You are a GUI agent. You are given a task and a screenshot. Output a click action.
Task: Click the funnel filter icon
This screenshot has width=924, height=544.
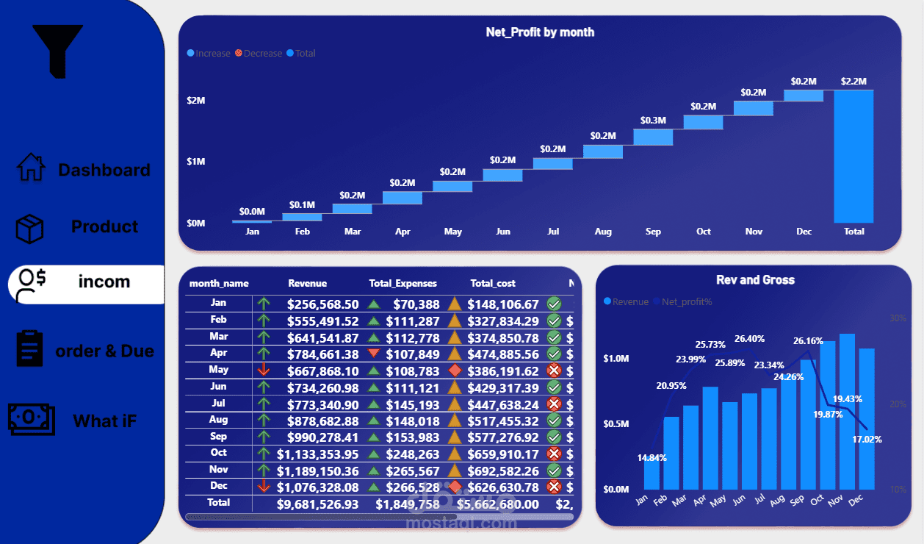coord(57,50)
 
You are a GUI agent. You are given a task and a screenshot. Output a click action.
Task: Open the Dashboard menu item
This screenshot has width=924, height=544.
coord(104,170)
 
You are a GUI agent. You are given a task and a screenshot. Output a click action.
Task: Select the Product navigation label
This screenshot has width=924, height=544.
coord(104,226)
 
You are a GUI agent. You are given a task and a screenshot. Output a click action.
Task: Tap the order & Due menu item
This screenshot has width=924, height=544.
coord(104,351)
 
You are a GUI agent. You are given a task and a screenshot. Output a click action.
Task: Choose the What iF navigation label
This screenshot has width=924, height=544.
coord(104,421)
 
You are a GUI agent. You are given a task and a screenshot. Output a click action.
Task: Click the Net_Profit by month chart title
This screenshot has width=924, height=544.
coord(540,32)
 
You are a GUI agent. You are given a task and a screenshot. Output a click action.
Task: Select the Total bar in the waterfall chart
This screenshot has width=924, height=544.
coord(853,156)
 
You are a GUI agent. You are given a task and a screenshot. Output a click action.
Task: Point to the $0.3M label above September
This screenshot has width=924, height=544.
coord(653,121)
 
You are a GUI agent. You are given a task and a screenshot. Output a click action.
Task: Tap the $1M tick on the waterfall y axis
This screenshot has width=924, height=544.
coord(195,162)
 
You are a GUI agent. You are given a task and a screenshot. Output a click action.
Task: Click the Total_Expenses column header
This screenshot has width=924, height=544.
coord(403,283)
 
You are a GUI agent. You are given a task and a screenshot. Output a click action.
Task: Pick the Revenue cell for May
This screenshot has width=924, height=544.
coord(323,371)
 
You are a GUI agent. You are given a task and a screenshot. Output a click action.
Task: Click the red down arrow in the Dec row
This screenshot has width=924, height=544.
coord(264,487)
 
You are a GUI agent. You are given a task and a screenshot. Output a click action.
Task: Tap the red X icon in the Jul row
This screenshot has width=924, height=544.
coord(554,404)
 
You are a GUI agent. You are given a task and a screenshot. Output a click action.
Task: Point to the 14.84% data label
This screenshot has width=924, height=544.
coord(652,457)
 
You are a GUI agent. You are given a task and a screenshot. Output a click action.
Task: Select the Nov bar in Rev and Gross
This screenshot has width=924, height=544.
coord(847,412)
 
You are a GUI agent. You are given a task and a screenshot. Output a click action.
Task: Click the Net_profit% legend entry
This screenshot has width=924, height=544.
coord(686,302)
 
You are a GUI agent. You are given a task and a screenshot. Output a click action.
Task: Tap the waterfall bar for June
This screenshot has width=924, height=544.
coord(502,176)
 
